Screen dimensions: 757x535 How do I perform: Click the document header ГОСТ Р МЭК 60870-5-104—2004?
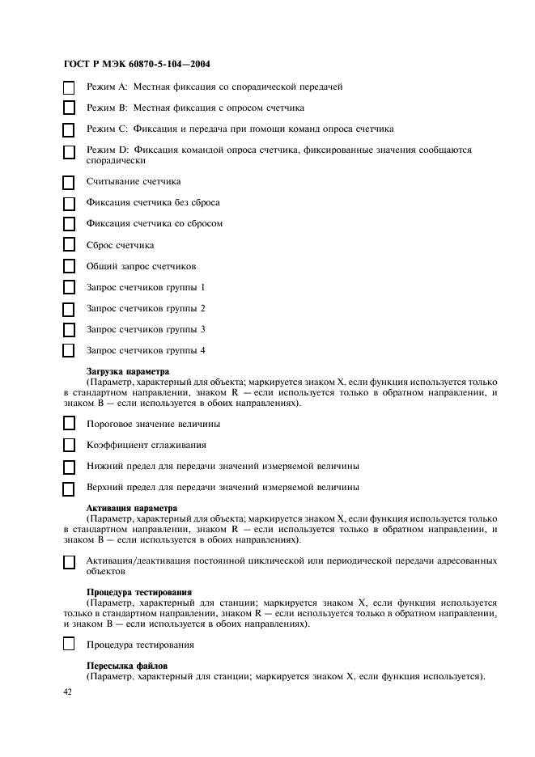pos(137,63)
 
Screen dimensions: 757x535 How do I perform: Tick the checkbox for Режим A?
pos(69,87)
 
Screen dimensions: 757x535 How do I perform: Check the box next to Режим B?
pos(69,108)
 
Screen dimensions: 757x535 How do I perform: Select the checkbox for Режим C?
pos(69,129)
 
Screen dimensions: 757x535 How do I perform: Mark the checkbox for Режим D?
pos(69,152)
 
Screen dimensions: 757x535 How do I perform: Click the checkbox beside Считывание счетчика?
pos(69,183)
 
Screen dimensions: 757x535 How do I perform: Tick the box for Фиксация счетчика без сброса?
pos(69,204)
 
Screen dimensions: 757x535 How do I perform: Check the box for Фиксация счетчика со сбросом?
pos(69,225)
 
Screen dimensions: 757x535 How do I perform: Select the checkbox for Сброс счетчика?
pos(69,246)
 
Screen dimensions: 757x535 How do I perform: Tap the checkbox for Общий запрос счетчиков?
pos(69,267)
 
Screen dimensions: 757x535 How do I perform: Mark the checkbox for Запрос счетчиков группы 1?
pos(69,288)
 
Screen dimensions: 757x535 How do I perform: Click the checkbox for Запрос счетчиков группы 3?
pos(69,330)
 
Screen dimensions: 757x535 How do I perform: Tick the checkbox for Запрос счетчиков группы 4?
pos(69,351)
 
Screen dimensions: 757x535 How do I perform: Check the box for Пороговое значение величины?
pos(69,425)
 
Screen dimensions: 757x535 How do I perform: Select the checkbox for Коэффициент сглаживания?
pos(69,446)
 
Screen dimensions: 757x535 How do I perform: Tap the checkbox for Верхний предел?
pos(69,488)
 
